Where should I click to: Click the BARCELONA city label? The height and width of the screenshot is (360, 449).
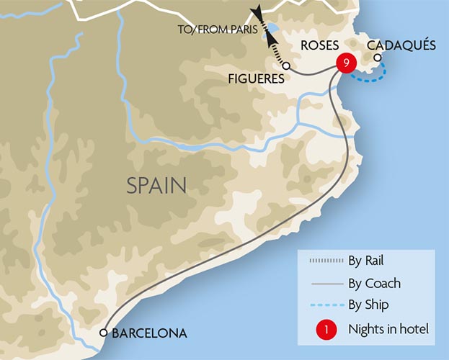click(x=149, y=333)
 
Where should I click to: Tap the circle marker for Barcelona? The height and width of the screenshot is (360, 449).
click(x=104, y=333)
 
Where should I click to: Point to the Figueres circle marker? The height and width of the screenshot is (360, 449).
click(x=286, y=66)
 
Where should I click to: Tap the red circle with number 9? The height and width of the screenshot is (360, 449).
click(x=347, y=63)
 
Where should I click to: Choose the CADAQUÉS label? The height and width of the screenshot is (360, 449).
click(x=401, y=45)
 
